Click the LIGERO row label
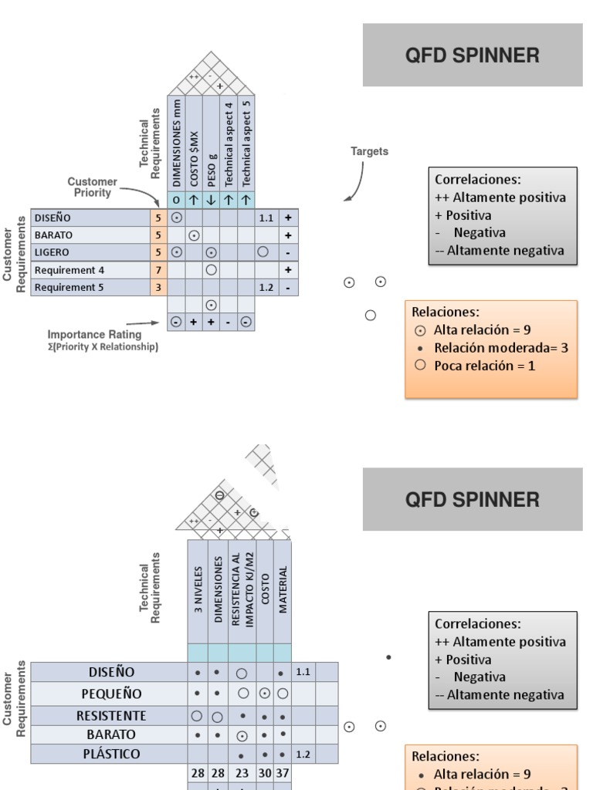click(x=52, y=252)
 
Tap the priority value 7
click(x=158, y=270)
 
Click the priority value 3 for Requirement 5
click(x=158, y=288)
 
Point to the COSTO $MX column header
click(x=194, y=153)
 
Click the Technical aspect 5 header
click(x=246, y=143)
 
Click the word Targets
click(x=369, y=152)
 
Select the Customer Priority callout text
click(x=92, y=187)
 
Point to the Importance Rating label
click(x=94, y=335)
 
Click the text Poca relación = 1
click(x=484, y=365)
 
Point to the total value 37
click(x=283, y=772)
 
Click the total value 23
click(x=242, y=772)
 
